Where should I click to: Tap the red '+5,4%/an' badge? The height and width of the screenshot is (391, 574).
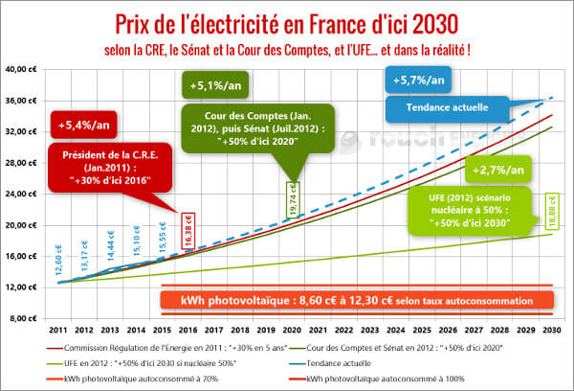[79, 125]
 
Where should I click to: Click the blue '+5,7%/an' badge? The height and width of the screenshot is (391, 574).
[413, 80]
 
